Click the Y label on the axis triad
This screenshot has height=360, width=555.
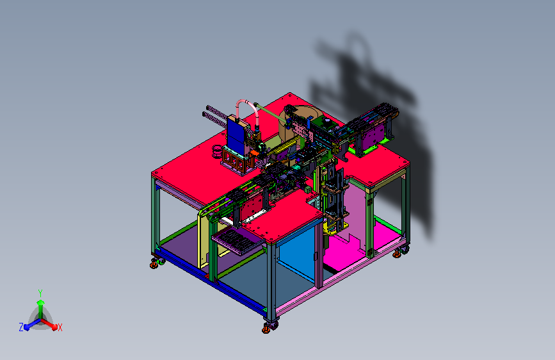40,293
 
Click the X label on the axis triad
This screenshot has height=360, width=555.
60,327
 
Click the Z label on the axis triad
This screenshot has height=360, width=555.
21,327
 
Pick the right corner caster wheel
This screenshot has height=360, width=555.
400,252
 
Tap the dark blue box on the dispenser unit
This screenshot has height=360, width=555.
235,135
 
